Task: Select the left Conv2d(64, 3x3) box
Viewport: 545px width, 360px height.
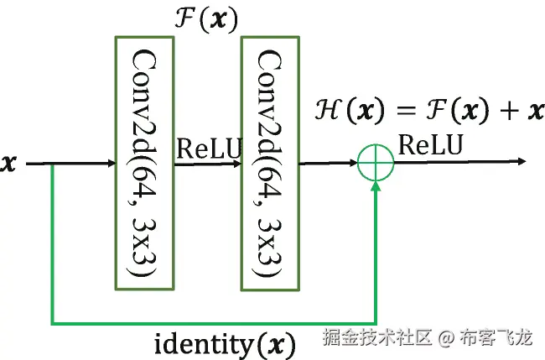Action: pyautogui.click(x=144, y=162)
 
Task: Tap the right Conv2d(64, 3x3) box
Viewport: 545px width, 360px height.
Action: pyautogui.click(x=270, y=162)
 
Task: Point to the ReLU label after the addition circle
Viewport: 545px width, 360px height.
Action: pyautogui.click(x=430, y=145)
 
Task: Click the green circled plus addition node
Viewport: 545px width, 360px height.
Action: pyautogui.click(x=375, y=162)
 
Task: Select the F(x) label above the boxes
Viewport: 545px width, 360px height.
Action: pyautogui.click(x=205, y=18)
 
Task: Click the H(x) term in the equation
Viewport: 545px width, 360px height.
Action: pyautogui.click(x=343, y=110)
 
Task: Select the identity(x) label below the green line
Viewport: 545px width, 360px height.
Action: pyautogui.click(x=226, y=343)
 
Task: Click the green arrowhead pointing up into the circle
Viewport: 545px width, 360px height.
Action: pyautogui.click(x=375, y=187)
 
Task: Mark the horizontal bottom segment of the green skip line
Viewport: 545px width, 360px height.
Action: pyautogui.click(x=210, y=322)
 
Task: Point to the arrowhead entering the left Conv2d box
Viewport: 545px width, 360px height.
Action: pyautogui.click(x=109, y=163)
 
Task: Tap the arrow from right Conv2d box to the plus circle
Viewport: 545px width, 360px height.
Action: pyautogui.click(x=327, y=163)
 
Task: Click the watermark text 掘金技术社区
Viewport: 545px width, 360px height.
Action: pyautogui.click(x=377, y=338)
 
